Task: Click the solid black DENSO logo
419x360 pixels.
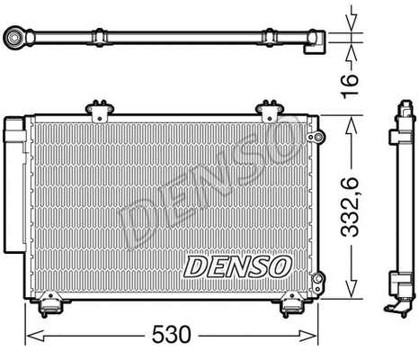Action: click(x=238, y=265)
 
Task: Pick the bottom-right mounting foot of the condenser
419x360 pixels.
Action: click(x=293, y=307)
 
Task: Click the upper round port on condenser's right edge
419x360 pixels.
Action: click(x=314, y=136)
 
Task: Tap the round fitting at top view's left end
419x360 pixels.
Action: click(x=14, y=39)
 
